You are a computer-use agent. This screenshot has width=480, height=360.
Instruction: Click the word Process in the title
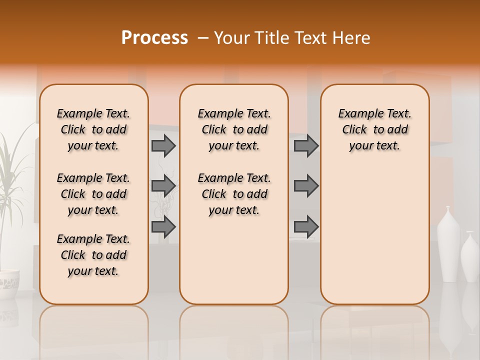(154, 38)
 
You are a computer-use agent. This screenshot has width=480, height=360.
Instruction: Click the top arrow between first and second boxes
(163, 145)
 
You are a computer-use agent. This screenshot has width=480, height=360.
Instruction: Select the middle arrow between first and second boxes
(163, 186)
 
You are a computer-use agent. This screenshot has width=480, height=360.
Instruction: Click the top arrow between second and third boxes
(306, 145)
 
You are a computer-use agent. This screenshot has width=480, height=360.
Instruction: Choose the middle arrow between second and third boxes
(306, 186)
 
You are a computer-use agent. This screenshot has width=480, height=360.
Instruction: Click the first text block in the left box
(93, 129)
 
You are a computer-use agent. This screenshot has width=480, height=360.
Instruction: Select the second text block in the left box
(93, 194)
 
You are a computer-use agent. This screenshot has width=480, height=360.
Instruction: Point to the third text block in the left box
(93, 255)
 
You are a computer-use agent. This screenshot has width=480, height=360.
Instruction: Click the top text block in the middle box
(234, 129)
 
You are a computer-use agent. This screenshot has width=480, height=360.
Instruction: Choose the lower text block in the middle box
(234, 194)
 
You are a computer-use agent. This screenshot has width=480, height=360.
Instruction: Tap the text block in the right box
(374, 129)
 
